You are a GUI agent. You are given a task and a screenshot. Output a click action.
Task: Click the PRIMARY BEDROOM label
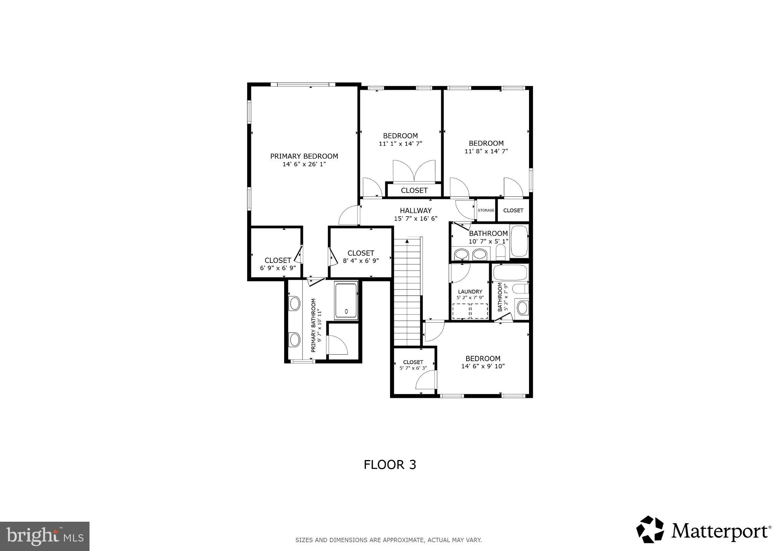pyautogui.click(x=304, y=156)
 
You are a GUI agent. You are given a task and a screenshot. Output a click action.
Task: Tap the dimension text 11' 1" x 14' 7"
pyautogui.click(x=400, y=144)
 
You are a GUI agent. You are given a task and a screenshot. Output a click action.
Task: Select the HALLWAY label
pyautogui.click(x=416, y=210)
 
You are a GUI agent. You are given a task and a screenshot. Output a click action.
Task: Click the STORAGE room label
pyautogui.click(x=486, y=210)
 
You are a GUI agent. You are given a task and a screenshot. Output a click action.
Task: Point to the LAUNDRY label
pyautogui.click(x=470, y=291)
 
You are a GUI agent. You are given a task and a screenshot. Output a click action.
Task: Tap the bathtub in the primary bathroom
pyautogui.click(x=346, y=300)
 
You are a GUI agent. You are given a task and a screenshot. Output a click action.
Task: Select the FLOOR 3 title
pyautogui.click(x=390, y=465)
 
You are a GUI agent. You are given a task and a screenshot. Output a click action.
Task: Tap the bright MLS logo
pyautogui.click(x=45, y=536)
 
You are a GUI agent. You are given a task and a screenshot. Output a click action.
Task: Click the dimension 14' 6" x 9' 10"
pyautogui.click(x=483, y=366)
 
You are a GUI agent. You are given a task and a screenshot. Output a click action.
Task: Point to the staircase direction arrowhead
pyautogui.click(x=407, y=241)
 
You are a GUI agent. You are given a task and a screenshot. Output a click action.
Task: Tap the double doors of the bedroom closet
pyautogui.click(x=414, y=171)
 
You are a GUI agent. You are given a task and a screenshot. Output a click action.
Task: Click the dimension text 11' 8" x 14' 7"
pyautogui.click(x=486, y=151)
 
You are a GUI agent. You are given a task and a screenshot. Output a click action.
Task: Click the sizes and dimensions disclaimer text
pyautogui.click(x=388, y=540)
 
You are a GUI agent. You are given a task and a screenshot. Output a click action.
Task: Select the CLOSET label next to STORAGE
pyautogui.click(x=513, y=210)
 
